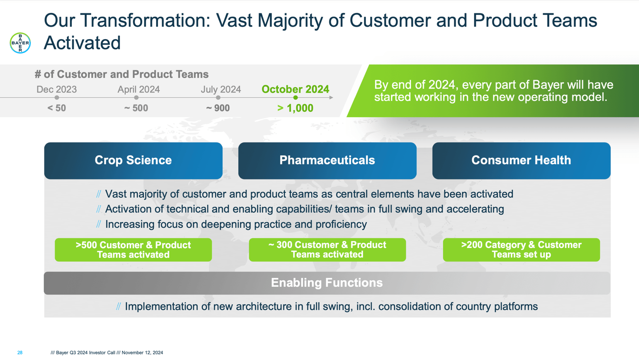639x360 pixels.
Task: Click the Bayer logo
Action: pos(20,43)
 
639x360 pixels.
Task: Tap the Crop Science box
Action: pos(133,161)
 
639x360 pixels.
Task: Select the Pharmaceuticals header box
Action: pos(327,161)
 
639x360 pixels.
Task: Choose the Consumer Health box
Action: pos(521,161)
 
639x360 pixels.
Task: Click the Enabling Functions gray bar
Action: pos(327,283)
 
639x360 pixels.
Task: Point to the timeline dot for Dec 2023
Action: pos(57,98)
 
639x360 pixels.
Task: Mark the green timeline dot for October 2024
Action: pos(295,98)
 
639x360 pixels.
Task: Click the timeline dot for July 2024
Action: pos(218,98)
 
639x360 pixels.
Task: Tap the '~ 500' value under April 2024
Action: pos(136,108)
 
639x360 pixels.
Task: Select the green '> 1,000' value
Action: pos(295,108)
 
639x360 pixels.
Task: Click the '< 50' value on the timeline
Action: pos(57,108)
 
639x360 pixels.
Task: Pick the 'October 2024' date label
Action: pos(295,89)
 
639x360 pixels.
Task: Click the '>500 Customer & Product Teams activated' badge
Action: pos(133,250)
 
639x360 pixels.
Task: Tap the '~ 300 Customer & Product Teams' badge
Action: pos(327,250)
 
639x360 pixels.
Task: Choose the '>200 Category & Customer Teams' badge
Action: pos(521,250)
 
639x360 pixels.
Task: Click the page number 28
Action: pos(20,353)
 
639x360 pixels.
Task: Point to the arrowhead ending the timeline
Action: pos(331,98)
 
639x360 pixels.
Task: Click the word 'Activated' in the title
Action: pos(82,43)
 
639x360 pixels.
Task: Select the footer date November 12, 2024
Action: pos(142,353)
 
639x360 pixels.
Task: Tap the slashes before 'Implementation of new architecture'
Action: pos(118,307)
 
